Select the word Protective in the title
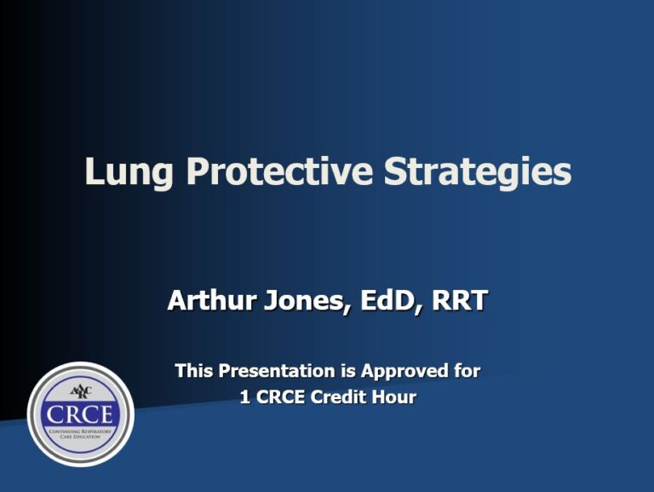(280, 171)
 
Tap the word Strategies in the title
(477, 171)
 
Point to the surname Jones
(303, 300)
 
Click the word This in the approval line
(194, 371)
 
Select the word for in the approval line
(467, 371)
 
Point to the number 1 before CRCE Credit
(245, 397)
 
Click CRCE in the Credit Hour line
(282, 397)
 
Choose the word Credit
(345, 397)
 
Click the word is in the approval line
(349, 371)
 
